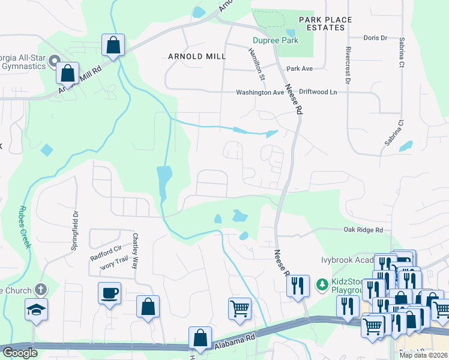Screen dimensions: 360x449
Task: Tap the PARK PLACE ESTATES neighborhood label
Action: point(330,24)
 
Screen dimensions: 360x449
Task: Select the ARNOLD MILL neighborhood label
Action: point(197,56)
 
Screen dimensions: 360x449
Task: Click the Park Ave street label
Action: point(300,69)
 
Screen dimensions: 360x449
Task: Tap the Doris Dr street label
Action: point(375,38)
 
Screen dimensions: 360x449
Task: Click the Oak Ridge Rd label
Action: point(363,230)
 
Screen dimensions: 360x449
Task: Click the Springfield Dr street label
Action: point(76,221)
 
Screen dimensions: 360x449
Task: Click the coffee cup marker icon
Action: point(109,293)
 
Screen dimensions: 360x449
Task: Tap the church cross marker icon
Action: point(41,290)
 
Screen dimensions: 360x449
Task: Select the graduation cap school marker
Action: point(36,310)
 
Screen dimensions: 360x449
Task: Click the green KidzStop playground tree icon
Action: point(322,283)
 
